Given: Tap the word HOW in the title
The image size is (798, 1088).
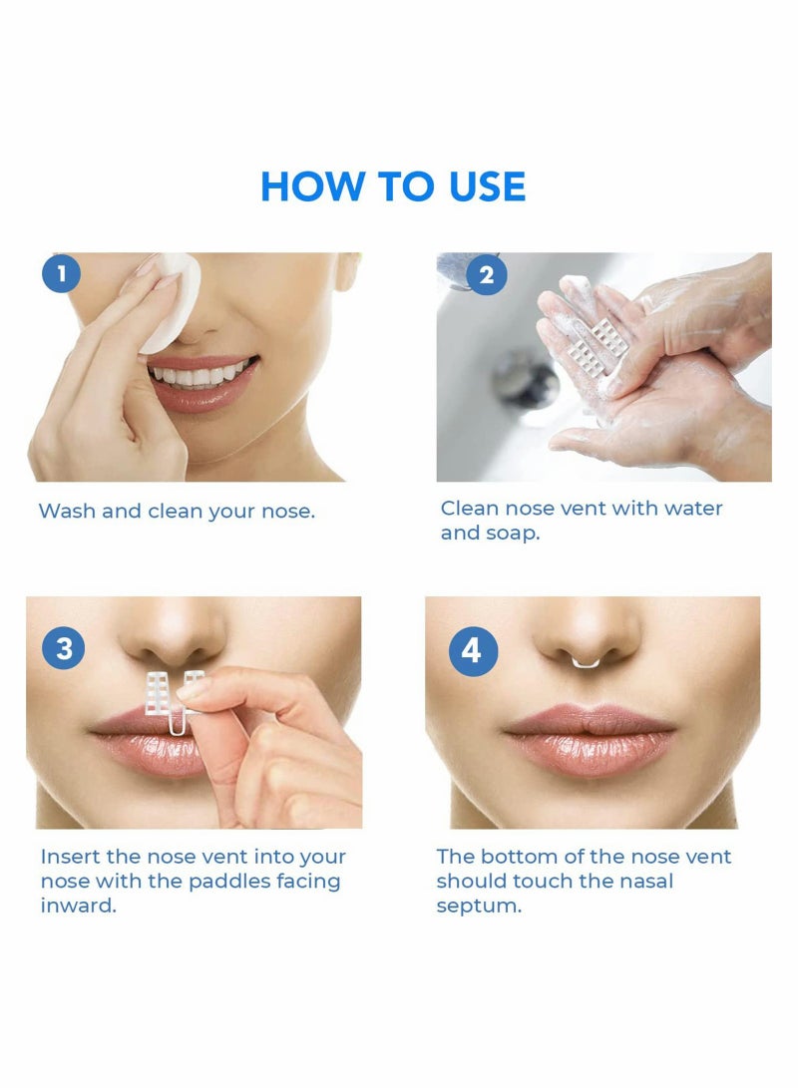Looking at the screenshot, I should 306,187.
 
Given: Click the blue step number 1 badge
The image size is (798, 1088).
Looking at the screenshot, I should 62,273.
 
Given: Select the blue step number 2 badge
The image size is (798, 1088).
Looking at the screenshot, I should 486,274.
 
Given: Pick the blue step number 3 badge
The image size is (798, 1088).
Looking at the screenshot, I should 64,649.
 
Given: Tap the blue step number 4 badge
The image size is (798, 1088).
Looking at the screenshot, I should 471,650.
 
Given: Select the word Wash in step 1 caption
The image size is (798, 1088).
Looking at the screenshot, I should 67,512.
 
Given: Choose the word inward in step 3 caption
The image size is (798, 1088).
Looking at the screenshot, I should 78,907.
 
